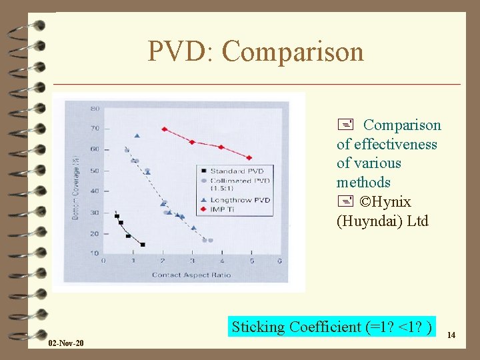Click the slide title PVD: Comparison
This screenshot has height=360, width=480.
coord(255,51)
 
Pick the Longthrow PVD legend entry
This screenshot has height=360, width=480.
coord(239,200)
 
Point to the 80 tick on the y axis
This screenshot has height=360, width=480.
coord(95,107)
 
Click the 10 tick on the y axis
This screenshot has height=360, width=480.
coord(95,253)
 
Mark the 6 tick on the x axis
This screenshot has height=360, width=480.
coord(279,261)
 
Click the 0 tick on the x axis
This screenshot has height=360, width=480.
coord(103,261)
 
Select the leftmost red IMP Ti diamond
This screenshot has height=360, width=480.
coord(164,129)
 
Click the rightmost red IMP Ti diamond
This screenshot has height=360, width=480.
coord(249,158)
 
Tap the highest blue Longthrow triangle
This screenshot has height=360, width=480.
coord(137,136)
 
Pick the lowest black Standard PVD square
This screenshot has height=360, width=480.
coord(142,245)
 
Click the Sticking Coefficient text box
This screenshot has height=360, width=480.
coord(331,327)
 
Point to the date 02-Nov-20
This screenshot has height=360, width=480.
coord(66,343)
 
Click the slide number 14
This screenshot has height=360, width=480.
coord(451,335)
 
